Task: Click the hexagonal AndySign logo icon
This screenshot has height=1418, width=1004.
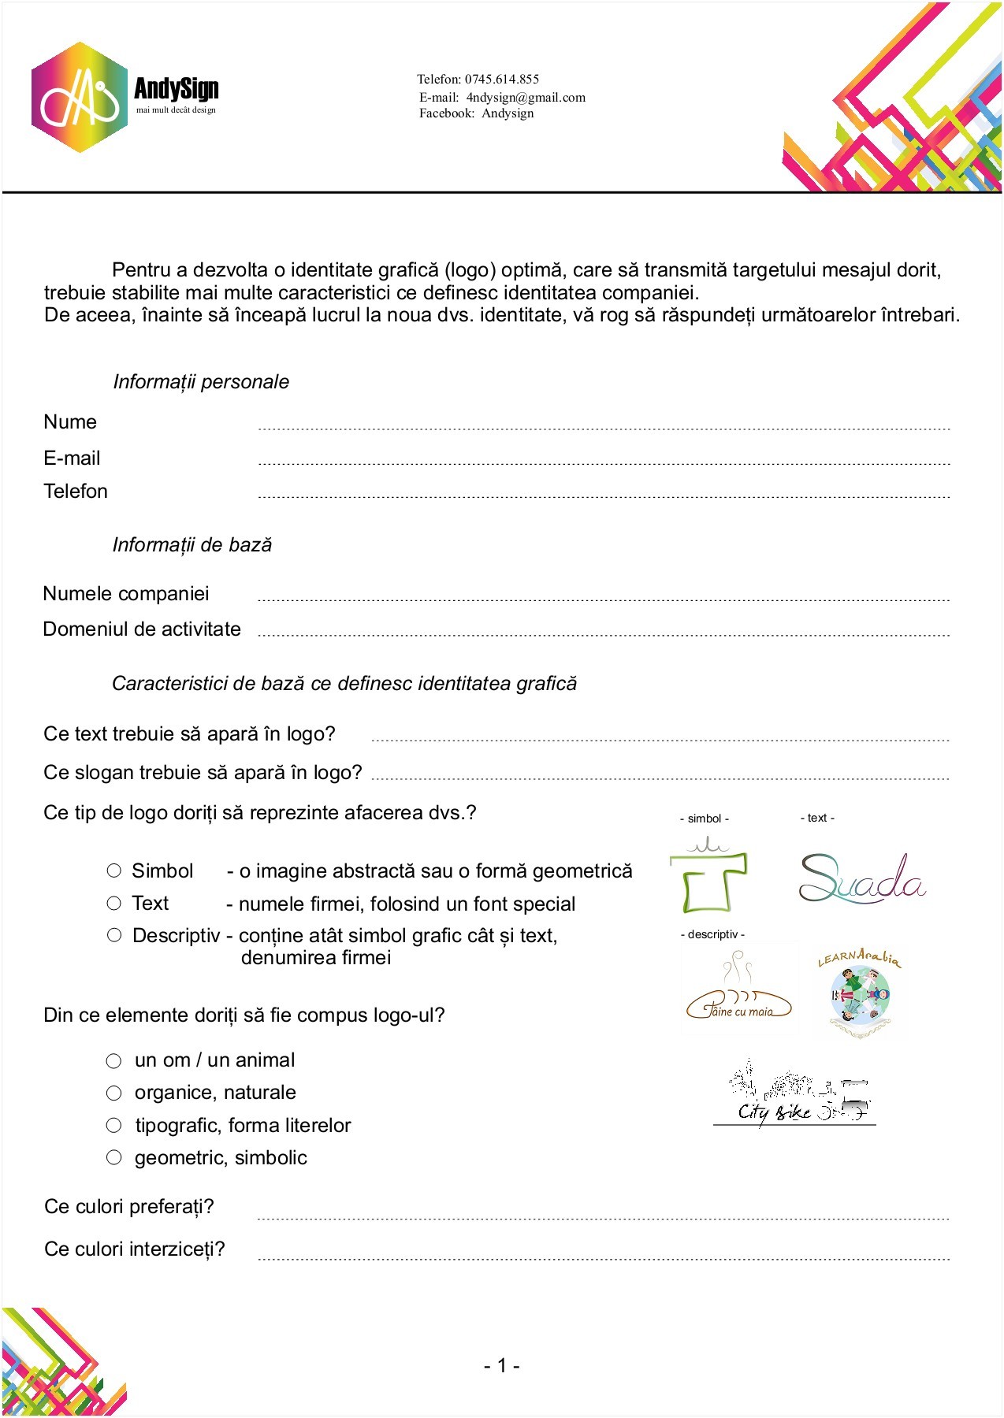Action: (79, 98)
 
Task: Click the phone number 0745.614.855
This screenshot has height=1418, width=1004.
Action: (502, 79)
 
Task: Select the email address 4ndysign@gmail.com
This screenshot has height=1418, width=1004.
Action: (526, 98)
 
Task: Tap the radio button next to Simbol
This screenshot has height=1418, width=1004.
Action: (114, 870)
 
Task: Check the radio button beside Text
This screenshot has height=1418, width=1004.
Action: (114, 904)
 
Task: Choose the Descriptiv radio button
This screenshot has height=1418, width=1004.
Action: (114, 935)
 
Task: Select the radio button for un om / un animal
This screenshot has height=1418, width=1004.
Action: (114, 1061)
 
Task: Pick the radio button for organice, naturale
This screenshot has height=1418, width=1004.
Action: (114, 1093)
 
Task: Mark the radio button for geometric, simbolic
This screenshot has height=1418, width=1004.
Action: (114, 1157)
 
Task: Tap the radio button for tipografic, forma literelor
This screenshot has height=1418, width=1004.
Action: (114, 1126)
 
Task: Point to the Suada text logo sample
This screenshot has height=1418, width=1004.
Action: (861, 878)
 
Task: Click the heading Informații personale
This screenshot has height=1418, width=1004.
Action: (201, 382)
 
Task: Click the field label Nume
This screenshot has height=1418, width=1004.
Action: (70, 422)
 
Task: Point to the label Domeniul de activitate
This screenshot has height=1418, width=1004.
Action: (142, 629)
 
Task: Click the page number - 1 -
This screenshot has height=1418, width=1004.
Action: (501, 1366)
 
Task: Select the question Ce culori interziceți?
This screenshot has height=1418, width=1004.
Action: (135, 1249)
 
